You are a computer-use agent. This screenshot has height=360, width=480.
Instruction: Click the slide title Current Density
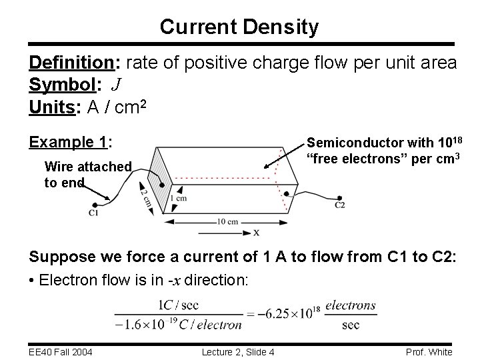click(239, 27)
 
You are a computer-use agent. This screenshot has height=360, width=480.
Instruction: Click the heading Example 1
click(70, 141)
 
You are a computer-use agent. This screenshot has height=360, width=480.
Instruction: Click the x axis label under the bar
click(256, 232)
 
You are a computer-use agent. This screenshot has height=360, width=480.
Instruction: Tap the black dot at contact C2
click(341, 197)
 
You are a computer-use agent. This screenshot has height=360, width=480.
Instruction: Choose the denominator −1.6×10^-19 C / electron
click(177, 325)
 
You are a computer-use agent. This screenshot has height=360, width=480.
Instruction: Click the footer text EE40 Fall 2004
click(60, 351)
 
